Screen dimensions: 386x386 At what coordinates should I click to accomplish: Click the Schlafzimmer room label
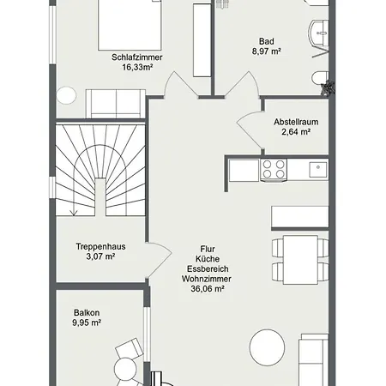pos(137,57)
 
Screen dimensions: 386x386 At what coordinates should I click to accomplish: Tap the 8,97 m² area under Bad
pos(266,51)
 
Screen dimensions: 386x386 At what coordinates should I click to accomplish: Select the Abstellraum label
pos(296,122)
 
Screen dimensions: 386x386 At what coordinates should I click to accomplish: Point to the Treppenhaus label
pos(100,246)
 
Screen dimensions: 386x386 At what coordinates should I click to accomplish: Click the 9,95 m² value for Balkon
pos(87,323)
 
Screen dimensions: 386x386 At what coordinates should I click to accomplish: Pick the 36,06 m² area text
pos(208,289)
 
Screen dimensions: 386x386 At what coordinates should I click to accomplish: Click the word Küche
pos(208,259)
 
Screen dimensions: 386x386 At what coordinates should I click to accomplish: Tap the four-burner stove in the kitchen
pos(274,170)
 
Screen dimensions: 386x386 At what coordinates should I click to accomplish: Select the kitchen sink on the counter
pos(318,170)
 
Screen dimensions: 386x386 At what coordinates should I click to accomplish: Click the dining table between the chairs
pos(300,260)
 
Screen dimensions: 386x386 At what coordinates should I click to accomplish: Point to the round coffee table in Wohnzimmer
pos(267,347)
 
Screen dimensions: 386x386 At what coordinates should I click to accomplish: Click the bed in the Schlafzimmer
pos(130,25)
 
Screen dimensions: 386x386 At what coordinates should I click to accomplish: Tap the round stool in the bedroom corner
pos(66,95)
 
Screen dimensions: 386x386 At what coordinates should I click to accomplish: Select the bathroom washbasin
pos(318,33)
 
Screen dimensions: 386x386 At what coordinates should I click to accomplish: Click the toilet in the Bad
pos(320,78)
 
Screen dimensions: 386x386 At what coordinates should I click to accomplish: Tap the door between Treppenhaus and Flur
pos(159,260)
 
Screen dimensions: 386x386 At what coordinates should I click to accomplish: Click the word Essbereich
pos(208,268)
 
